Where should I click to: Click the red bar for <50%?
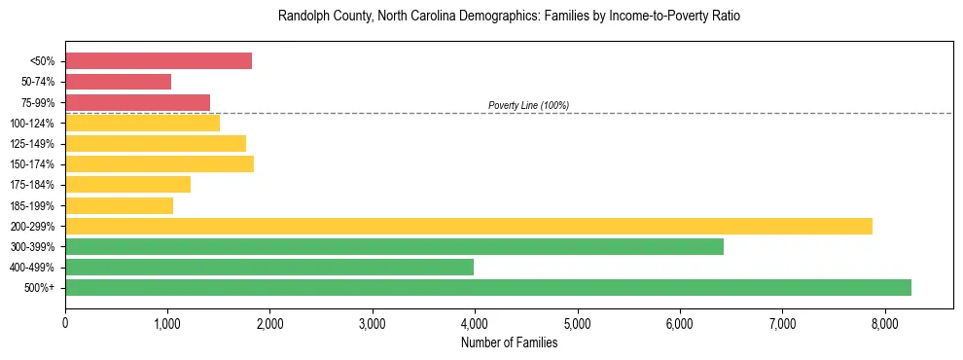click(159, 61)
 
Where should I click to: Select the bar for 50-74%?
click(118, 82)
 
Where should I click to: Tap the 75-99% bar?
click(137, 102)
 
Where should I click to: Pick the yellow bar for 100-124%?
click(142, 123)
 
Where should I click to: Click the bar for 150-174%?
click(160, 163)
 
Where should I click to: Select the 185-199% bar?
click(119, 205)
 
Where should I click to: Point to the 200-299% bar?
click(469, 226)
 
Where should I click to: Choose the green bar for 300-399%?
click(394, 246)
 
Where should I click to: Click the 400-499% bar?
click(269, 267)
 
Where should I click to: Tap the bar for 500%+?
click(488, 287)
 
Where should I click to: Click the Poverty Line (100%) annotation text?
click(528, 105)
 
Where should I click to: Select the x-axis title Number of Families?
click(509, 342)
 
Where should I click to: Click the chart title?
click(509, 18)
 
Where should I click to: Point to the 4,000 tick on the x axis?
click(475, 322)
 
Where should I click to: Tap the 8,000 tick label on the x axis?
click(884, 322)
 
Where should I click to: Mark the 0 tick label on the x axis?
click(65, 322)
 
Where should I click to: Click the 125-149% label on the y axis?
click(32, 144)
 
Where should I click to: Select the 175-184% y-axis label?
click(32, 185)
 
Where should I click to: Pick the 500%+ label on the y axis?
click(40, 288)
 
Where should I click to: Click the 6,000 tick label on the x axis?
click(680, 322)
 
